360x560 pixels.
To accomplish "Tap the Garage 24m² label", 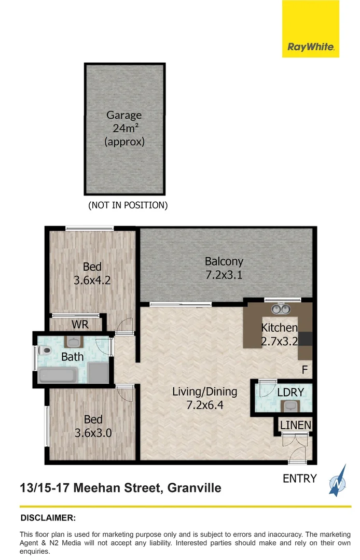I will [124, 128].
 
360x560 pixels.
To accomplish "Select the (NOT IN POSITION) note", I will [128, 205].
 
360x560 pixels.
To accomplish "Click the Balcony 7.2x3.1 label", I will [224, 268].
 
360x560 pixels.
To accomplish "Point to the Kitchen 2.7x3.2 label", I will [279, 334].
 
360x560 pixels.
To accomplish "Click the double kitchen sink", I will [281, 310].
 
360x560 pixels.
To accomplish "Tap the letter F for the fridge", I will [304, 370].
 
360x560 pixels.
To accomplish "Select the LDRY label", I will [286, 391].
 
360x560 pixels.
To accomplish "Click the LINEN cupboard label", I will [296, 425].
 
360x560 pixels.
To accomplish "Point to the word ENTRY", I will [299, 478].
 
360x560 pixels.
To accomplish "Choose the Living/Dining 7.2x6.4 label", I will [204, 398].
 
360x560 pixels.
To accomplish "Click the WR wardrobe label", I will [80, 325].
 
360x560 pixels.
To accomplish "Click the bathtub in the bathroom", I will [58, 374].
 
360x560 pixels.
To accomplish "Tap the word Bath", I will [72, 357].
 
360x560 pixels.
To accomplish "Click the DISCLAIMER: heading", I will [48, 517].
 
